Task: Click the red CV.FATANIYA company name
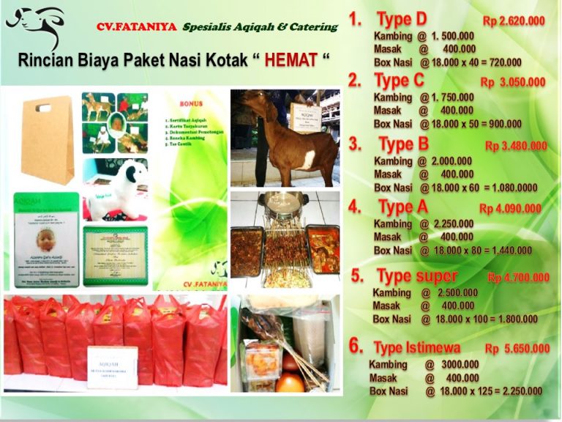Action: [136, 27]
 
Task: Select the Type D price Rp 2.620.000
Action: [514, 21]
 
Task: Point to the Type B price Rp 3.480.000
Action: [516, 146]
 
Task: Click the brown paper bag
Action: [47, 138]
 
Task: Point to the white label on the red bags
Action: [111, 364]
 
